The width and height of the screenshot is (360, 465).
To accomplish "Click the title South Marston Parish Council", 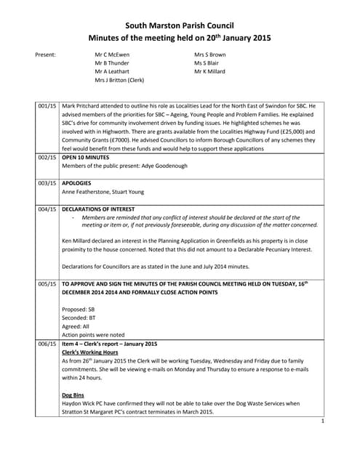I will pyautogui.click(x=180, y=25).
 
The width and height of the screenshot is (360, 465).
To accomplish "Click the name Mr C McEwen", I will pyautogui.click(x=112, y=54).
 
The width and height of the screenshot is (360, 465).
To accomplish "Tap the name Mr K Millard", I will pyautogui.click(x=211, y=72).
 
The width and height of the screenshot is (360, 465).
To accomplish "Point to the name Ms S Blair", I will pyautogui.click(x=207, y=63).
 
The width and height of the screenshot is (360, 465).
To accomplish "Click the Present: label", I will pyautogui.click(x=46, y=54).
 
